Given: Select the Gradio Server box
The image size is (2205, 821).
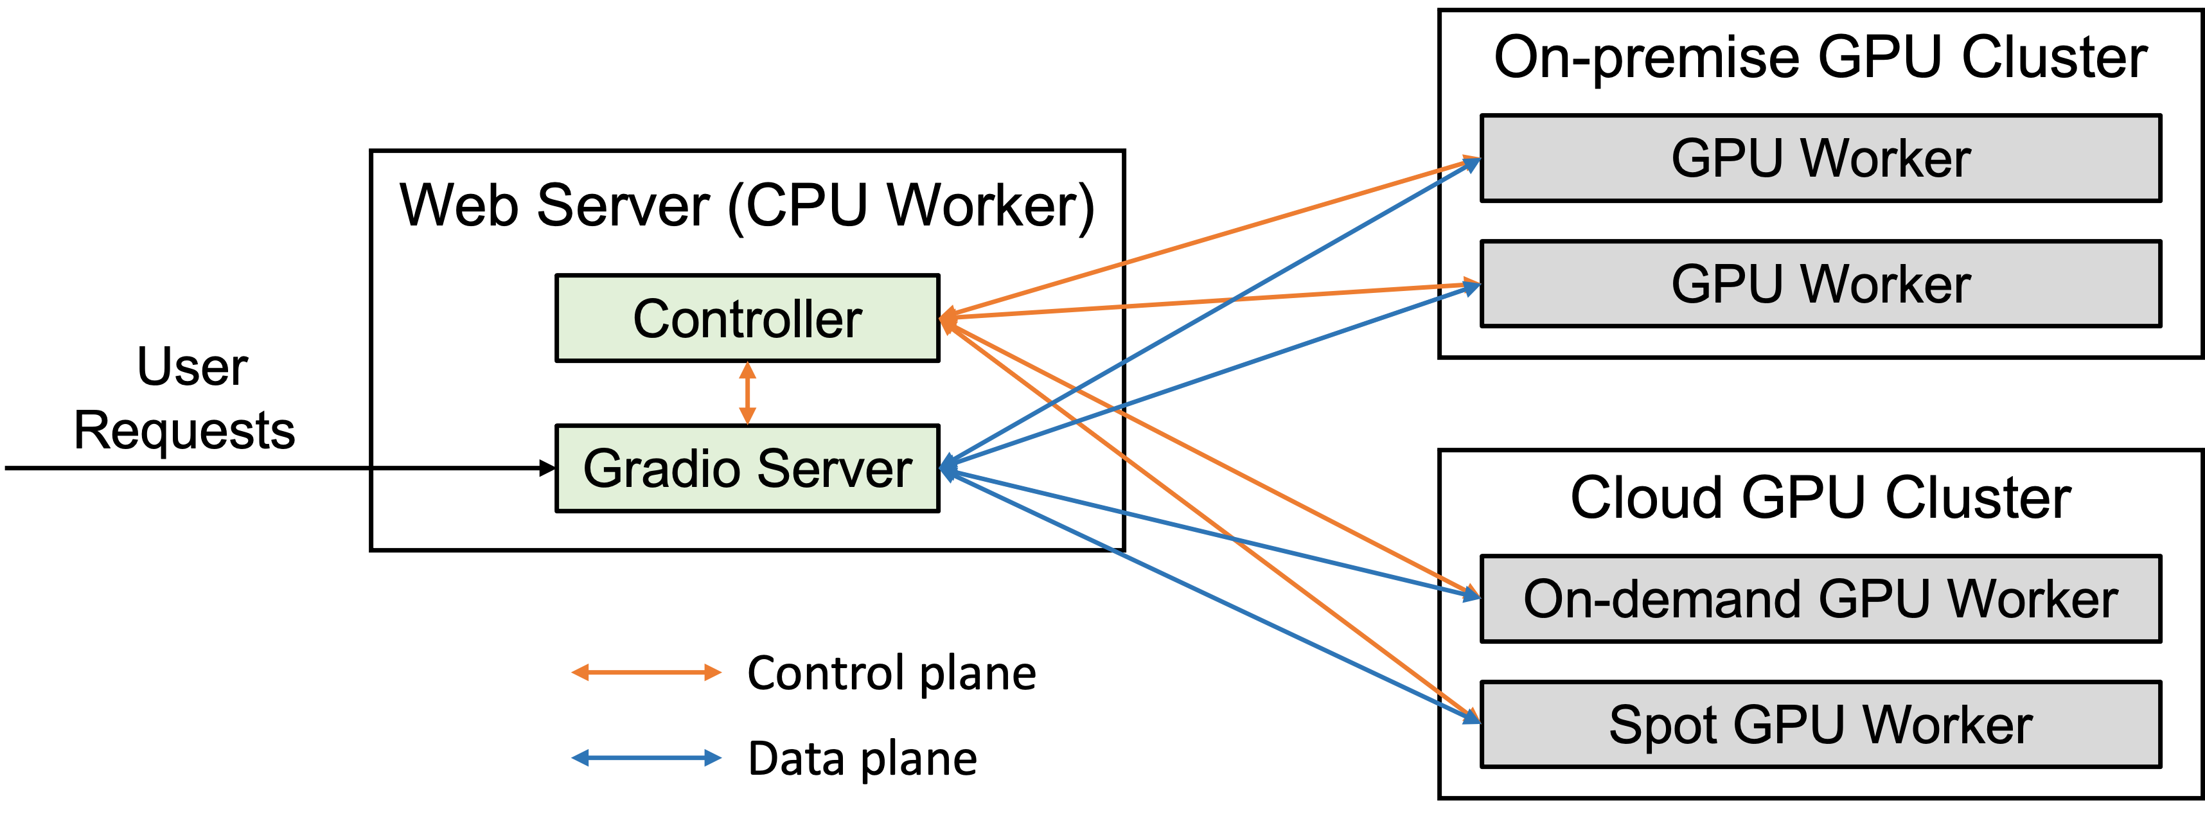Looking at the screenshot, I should [747, 468].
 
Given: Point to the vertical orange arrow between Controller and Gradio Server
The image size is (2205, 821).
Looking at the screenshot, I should [747, 393].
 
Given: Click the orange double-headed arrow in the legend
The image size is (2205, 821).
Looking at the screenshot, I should [646, 673].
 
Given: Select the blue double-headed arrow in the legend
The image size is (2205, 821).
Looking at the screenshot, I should [646, 757].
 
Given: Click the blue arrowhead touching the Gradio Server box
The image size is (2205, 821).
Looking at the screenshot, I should [947, 468].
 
